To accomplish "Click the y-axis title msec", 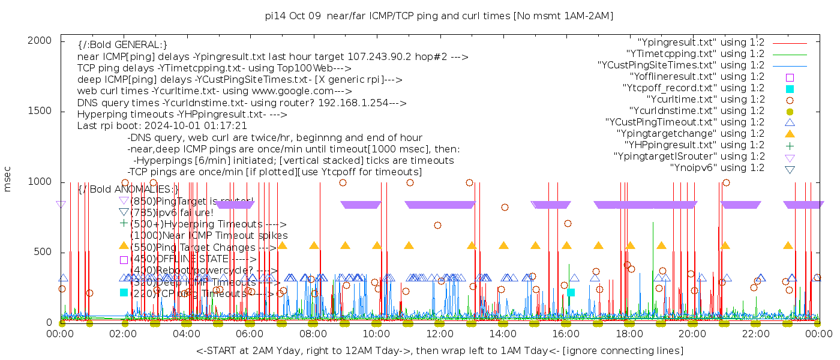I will (8, 179).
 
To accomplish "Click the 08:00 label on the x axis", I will (313, 334).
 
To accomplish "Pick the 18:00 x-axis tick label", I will (629, 334).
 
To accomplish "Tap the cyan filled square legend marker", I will (790, 88).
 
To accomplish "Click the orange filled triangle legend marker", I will (790, 133).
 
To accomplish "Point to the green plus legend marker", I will (790, 145).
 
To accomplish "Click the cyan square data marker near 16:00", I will (571, 292).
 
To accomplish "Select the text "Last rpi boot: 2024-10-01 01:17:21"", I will (162, 126).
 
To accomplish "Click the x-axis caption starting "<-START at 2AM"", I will (439, 350).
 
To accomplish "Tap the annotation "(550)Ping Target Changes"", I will (198, 247).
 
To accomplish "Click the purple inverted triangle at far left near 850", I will (61, 205).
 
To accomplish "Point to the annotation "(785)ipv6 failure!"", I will (172, 212).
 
